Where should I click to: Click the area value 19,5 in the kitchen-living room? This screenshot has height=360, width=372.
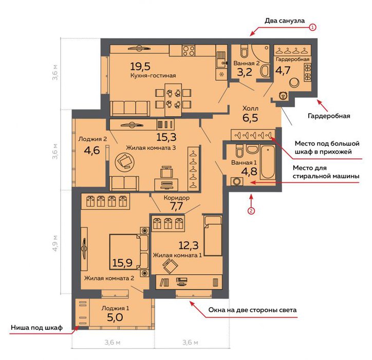(x=140, y=66)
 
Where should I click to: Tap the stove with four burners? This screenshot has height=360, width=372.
(x=189, y=50)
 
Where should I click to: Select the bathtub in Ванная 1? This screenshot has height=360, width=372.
(x=268, y=163)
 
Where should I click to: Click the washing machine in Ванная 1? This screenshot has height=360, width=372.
(x=236, y=182)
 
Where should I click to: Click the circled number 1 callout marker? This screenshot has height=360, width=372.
(x=312, y=27)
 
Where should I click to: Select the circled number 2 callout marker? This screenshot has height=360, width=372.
(x=251, y=211)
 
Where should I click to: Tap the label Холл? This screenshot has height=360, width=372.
(x=250, y=109)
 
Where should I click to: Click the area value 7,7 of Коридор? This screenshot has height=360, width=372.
(x=177, y=206)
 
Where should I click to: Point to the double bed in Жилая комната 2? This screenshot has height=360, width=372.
(x=129, y=252)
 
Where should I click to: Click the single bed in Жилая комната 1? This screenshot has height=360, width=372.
(x=213, y=236)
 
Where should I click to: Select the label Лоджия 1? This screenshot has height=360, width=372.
(x=115, y=308)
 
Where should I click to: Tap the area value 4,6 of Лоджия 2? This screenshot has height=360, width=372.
(x=92, y=151)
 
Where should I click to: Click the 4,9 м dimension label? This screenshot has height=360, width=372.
(x=55, y=243)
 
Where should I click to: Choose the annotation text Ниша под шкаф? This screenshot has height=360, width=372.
(x=37, y=328)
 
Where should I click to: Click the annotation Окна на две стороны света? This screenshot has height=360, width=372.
(x=252, y=310)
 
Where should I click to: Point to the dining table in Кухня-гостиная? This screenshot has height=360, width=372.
(x=173, y=99)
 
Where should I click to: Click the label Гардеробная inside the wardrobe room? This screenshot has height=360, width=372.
(x=292, y=59)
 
